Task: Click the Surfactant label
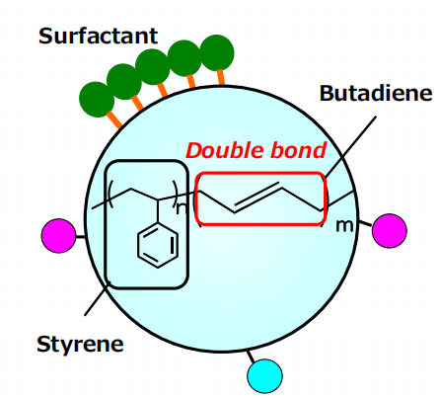tap(98, 36)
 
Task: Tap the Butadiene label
tap(376, 93)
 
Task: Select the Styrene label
tap(80, 345)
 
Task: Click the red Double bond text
tap(256, 150)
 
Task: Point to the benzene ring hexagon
tap(158, 245)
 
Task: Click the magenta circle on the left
tap(59, 236)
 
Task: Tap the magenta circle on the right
tap(390, 230)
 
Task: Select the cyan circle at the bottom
tap(264, 376)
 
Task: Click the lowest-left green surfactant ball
tap(97, 99)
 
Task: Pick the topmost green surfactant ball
tap(217, 52)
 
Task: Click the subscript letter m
tap(344, 226)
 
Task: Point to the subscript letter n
tap(182, 208)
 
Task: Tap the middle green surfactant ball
tap(153, 67)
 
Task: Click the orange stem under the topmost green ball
tap(221, 78)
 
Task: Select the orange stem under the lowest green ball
tap(114, 120)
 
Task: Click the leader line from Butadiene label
tap(350, 147)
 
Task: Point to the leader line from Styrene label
tap(98, 298)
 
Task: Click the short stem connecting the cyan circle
tap(251, 357)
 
